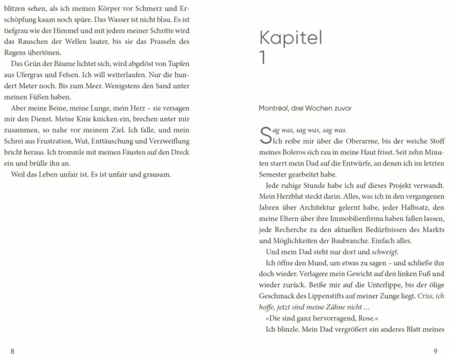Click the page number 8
click(x=12, y=351)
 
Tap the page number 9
click(x=435, y=351)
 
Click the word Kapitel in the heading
click(x=291, y=38)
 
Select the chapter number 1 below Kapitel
click(x=263, y=58)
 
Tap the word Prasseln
click(x=164, y=41)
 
